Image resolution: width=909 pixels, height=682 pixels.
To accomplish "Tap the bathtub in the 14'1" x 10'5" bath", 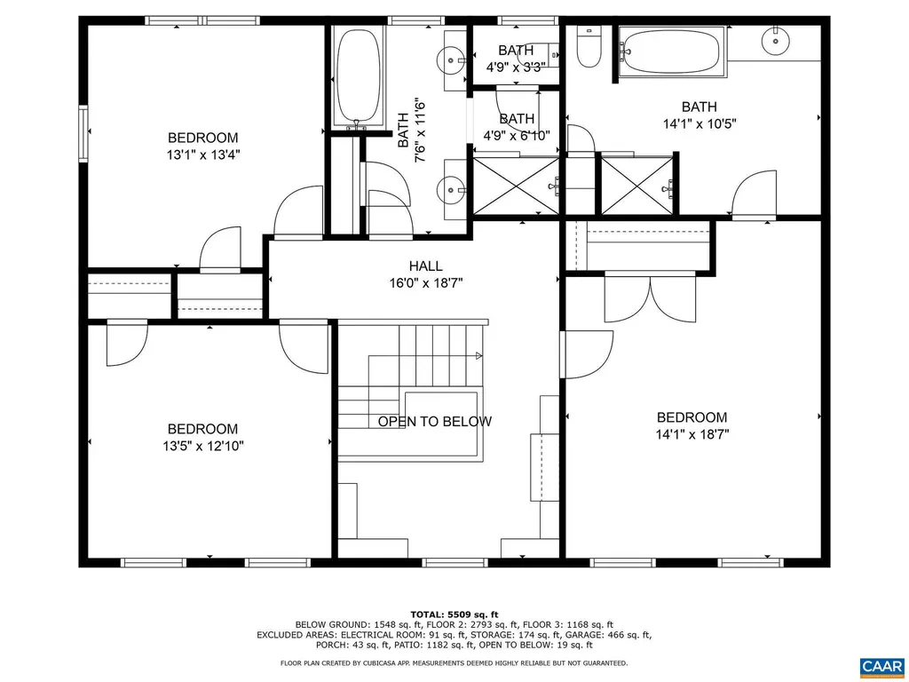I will pos(669,52).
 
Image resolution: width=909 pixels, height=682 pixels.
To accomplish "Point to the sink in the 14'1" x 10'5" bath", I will pos(777,39).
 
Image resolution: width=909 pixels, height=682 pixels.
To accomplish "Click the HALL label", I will pos(425,266).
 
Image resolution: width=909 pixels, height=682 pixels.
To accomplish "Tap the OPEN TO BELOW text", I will pos(434,422).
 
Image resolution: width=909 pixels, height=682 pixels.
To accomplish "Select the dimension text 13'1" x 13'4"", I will pos(203,155).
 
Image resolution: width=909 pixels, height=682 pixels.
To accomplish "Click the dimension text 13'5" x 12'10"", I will pos(203,446).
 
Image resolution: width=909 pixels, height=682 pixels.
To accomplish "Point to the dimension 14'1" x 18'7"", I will pos(692,435).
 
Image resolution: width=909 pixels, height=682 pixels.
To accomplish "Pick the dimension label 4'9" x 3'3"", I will pos(516,67).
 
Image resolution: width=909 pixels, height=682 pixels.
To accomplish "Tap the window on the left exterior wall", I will pos(83,133).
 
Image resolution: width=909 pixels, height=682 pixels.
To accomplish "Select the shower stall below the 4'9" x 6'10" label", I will pos(516,185).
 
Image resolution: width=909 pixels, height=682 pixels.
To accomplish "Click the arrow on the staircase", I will pos(478,356).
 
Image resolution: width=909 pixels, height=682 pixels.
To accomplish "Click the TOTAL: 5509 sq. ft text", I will pos(454,615).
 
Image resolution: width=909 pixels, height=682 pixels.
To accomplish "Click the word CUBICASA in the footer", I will pos(387,662).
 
